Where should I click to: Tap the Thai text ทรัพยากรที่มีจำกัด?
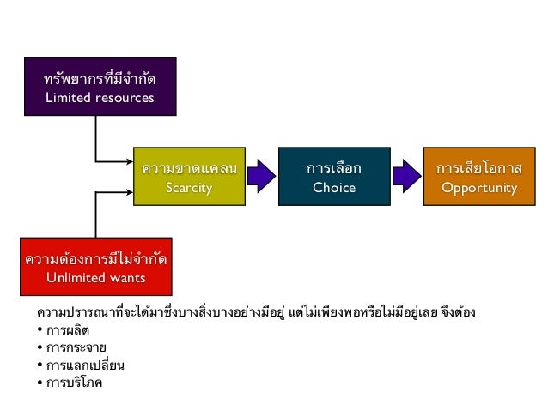coord(100,78)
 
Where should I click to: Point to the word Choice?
coord(333,187)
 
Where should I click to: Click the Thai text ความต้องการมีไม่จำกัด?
coord(96,257)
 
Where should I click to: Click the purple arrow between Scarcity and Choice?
coord(261,177)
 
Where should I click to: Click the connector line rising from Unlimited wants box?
coord(96,215)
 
